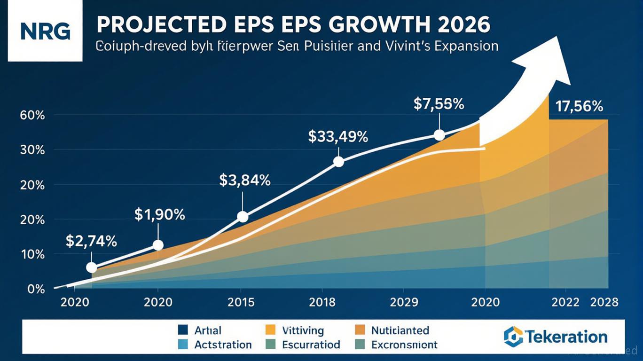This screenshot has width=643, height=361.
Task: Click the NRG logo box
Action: [45, 31]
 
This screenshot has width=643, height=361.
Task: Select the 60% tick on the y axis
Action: [32, 115]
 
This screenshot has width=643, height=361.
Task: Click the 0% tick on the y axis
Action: [36, 289]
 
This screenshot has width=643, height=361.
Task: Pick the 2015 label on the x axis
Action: [241, 302]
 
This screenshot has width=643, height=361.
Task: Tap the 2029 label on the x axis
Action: [404, 302]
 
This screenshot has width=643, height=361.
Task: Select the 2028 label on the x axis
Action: [604, 302]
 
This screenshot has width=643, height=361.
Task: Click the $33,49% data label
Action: [338, 137]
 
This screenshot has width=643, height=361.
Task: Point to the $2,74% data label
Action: [91, 242]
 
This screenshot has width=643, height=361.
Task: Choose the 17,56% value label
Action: [579, 107]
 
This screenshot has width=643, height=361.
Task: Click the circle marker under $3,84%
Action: [243, 217]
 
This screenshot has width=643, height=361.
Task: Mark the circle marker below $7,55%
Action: [439, 135]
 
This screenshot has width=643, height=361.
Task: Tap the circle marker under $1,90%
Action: [158, 245]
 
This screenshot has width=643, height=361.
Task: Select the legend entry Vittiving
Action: [302, 330]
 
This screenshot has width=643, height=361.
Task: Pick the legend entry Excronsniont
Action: [404, 345]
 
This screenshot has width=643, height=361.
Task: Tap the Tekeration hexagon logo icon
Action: [513, 336]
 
